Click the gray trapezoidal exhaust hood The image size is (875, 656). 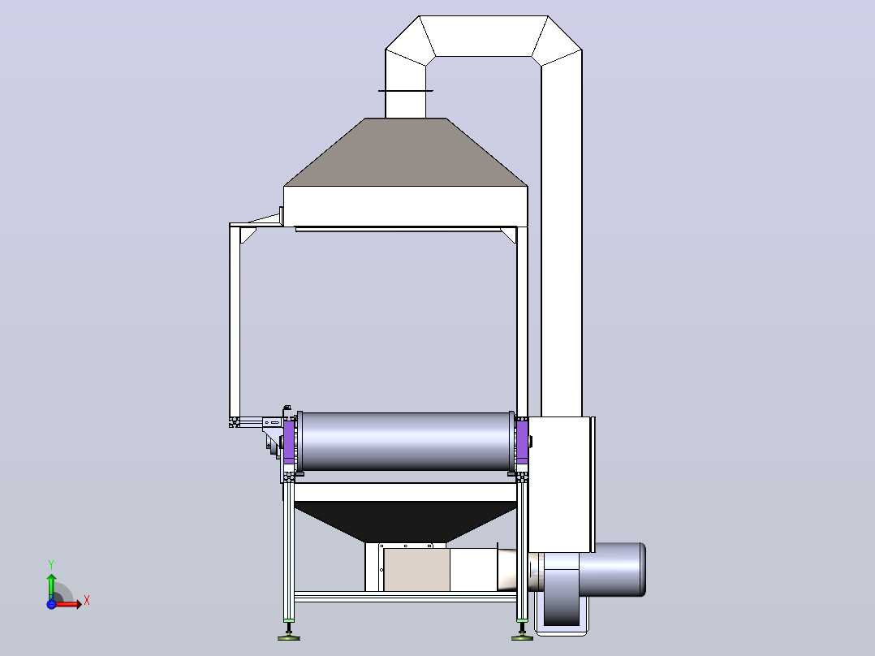[406, 152]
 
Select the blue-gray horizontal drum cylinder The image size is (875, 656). [406, 441]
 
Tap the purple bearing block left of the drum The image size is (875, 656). [289, 441]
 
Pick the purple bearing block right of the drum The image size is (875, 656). [523, 441]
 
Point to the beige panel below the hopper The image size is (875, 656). [417, 569]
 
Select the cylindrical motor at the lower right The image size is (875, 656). [612, 569]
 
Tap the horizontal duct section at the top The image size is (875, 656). [483, 36]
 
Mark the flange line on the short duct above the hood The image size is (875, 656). [406, 90]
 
